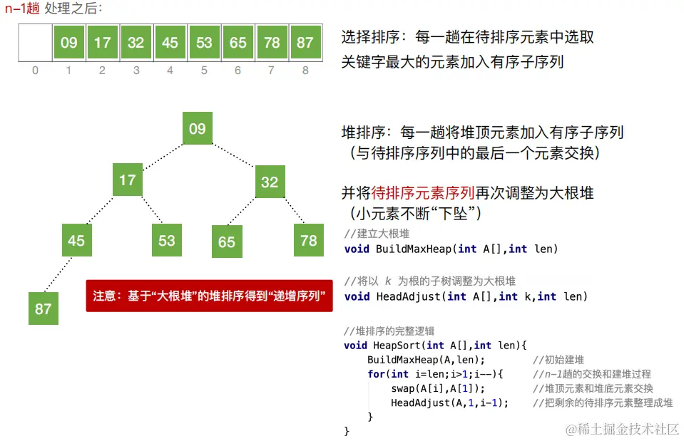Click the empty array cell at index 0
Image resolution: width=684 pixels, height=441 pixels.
pyautogui.click(x=35, y=42)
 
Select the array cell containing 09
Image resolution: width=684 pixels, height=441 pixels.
pyautogui.click(x=68, y=42)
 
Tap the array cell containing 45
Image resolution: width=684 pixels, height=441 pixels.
pyautogui.click(x=170, y=42)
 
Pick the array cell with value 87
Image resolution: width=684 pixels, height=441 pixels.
pyautogui.click(x=305, y=42)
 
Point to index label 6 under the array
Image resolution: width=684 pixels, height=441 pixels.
pyautogui.click(x=238, y=71)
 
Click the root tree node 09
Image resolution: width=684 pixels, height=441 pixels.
pyautogui.click(x=198, y=129)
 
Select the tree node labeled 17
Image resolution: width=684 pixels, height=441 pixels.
pyautogui.click(x=128, y=180)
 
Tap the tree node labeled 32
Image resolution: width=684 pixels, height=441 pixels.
pyautogui.click(x=270, y=182)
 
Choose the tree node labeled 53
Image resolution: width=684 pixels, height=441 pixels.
pyautogui.click(x=167, y=240)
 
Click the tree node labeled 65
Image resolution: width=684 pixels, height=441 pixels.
pyautogui.click(x=227, y=242)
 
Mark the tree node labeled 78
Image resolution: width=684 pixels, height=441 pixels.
pyautogui.click(x=309, y=240)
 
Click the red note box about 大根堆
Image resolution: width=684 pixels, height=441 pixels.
pyautogui.click(x=209, y=295)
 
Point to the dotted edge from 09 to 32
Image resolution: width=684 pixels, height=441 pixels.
pyautogui.click(x=235, y=156)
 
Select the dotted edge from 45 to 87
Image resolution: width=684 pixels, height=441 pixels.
pyautogui.click(x=58, y=274)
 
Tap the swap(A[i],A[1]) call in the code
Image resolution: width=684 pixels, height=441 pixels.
pyautogui.click(x=438, y=388)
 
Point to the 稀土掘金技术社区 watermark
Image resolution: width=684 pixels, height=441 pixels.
pyautogui.click(x=622, y=428)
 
